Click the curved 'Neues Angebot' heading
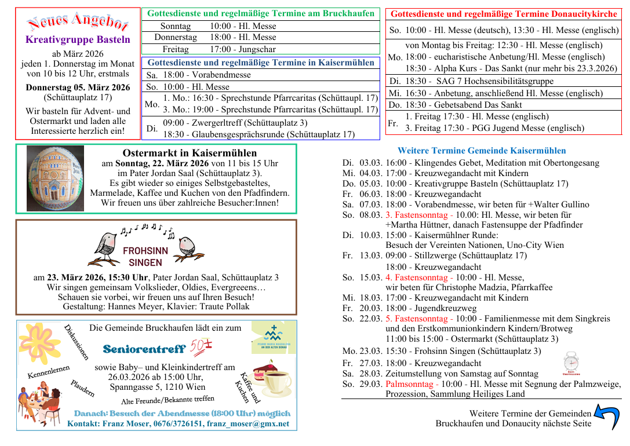tap(78, 23)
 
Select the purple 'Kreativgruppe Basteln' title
tap(78, 40)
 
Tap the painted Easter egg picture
tap(55, 178)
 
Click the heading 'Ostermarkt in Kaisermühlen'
tap(190, 153)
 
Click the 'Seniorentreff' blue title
tap(144, 349)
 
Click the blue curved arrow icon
tap(607, 417)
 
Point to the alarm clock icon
tap(570, 363)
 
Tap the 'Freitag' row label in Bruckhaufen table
tap(175, 50)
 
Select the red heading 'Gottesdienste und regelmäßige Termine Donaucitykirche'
tap(503, 14)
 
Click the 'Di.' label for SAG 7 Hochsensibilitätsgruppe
tap(395, 82)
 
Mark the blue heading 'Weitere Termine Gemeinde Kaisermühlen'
tap(482, 151)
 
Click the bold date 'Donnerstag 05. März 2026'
tap(78, 87)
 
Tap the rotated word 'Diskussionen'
tap(77, 342)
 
